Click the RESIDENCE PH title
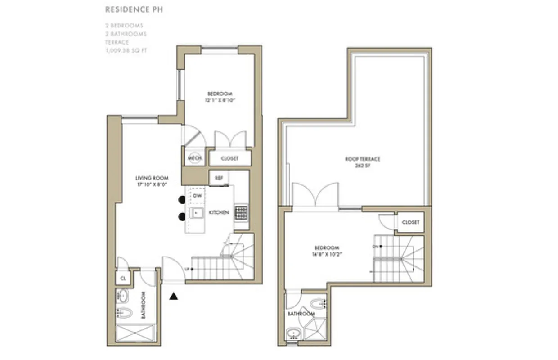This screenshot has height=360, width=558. click(134, 9)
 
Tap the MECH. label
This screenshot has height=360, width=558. click(194, 158)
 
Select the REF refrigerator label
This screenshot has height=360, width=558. click(219, 178)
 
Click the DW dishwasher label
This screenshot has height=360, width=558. click(197, 196)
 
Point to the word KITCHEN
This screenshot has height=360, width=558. click(219, 212)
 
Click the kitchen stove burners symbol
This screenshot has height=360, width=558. click(241, 212)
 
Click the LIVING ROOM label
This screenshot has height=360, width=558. click(152, 178)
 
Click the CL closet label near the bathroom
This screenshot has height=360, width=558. click(122, 278)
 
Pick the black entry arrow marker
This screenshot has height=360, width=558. click(174, 296)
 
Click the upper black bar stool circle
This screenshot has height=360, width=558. click(182, 200)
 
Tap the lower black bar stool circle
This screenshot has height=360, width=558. click(182, 216)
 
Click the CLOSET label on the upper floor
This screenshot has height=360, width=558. click(410, 222)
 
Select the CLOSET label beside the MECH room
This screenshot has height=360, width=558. click(229, 158)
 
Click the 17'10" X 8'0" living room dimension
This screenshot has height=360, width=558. click(152, 184)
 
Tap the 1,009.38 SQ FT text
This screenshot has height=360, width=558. click(126, 50)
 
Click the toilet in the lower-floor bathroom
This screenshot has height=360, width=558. click(123, 311)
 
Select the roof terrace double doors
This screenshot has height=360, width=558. click(315, 194)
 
